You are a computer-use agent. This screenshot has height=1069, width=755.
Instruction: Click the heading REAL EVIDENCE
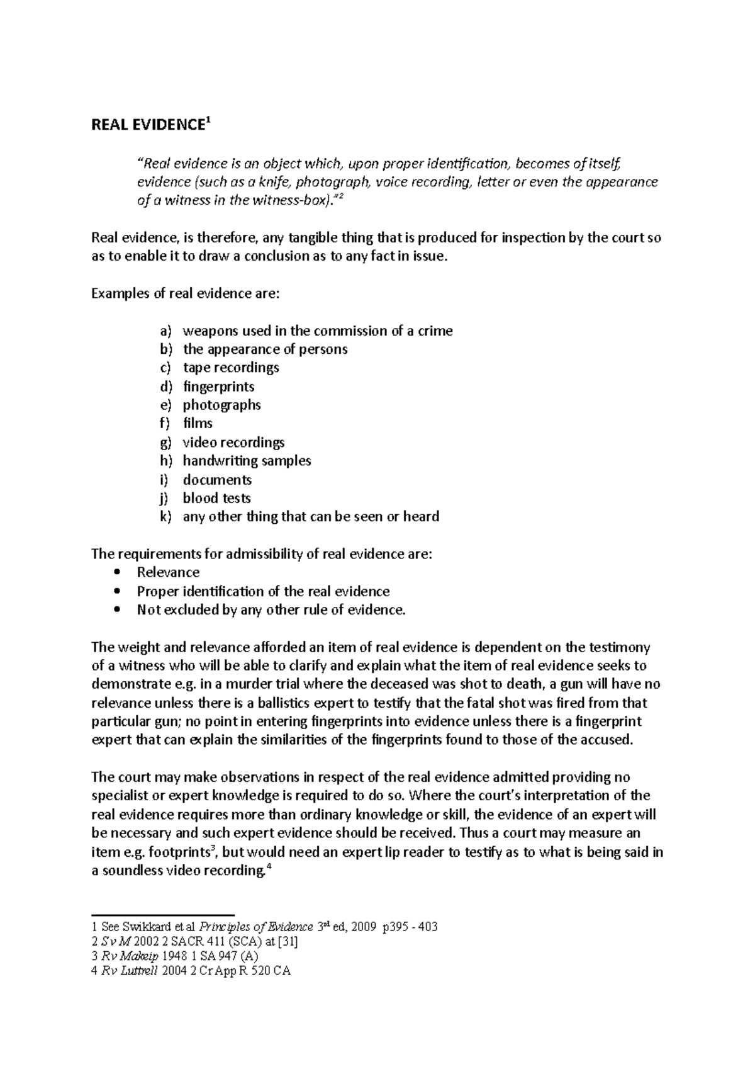click(x=148, y=125)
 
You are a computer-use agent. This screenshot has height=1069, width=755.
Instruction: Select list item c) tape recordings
click(x=230, y=367)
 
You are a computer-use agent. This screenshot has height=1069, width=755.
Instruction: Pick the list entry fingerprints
click(x=218, y=386)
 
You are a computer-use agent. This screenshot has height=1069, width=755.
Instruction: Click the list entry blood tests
click(x=216, y=498)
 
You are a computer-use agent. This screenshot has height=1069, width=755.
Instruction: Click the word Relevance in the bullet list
click(x=168, y=572)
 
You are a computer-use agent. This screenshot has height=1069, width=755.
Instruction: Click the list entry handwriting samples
click(x=247, y=461)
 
